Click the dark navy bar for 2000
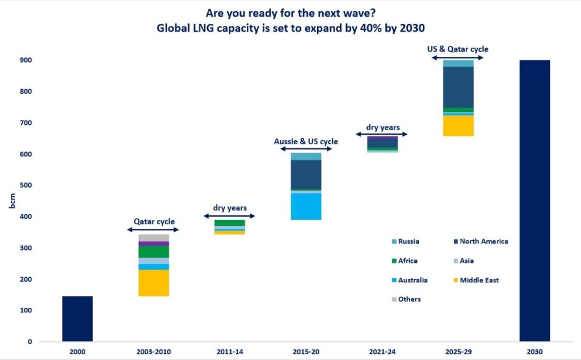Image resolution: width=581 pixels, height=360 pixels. coord(77,319)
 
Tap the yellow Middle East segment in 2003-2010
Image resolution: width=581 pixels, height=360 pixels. coord(154,283)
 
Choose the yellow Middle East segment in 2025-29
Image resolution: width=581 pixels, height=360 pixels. coord(458,125)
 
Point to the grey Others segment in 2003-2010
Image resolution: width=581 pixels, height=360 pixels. coord(154,237)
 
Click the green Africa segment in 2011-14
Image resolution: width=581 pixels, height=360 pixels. coord(230,223)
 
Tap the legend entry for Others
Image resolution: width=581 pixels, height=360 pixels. coord(409,299)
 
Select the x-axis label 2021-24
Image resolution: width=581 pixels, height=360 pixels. coord(382,352)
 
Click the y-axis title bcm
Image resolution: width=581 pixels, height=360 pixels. coord(12,201)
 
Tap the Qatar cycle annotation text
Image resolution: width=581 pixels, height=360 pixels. coord(154,221)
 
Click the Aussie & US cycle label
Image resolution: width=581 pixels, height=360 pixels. coord(306,141)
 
